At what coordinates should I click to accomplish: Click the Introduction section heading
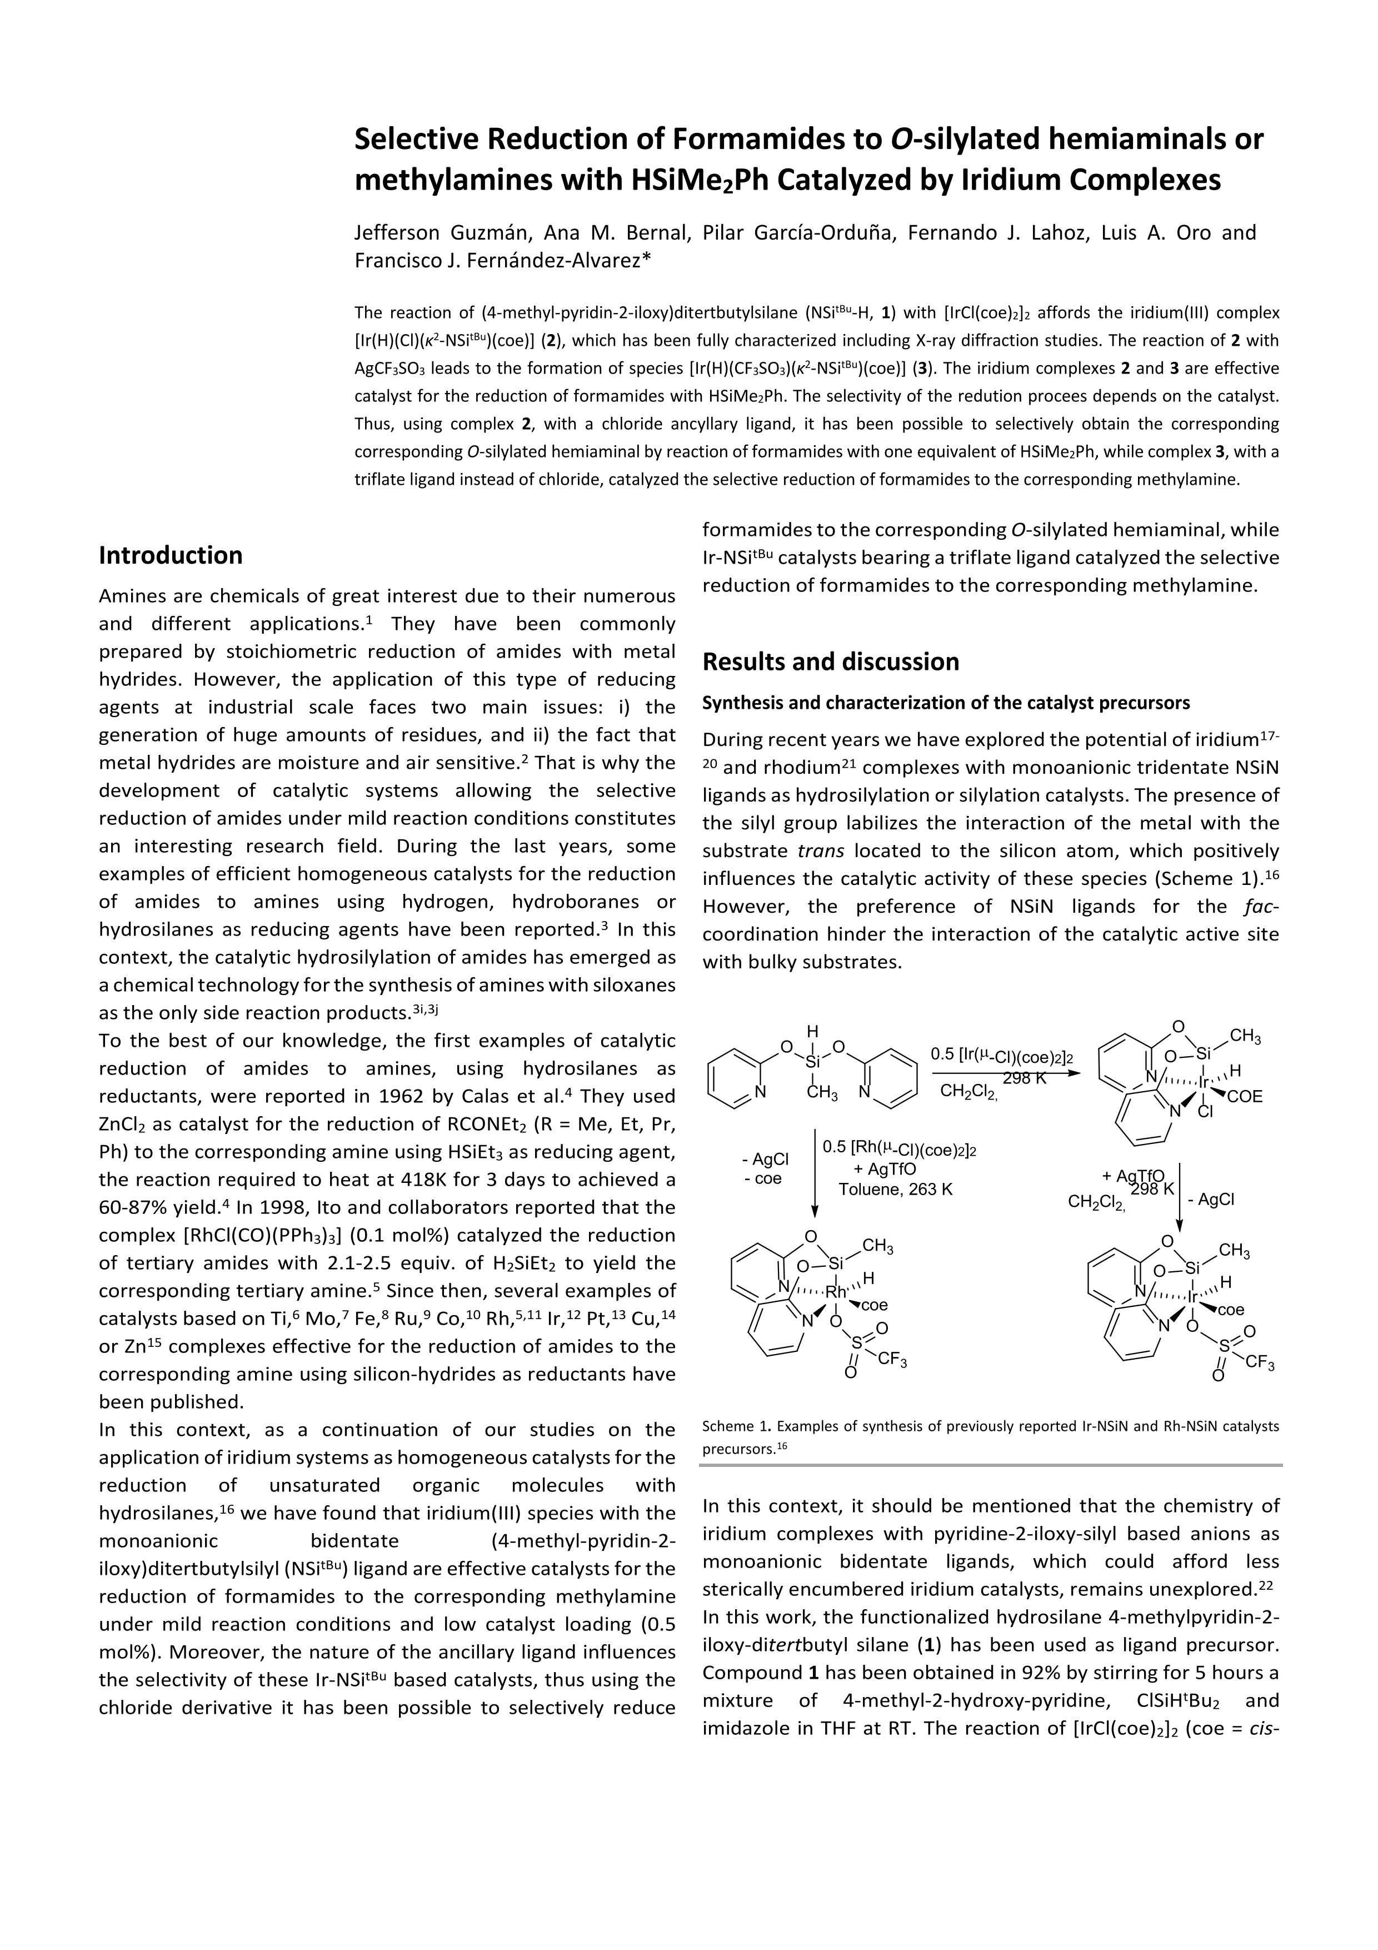pos(171,555)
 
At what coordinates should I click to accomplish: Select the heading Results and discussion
pos(830,661)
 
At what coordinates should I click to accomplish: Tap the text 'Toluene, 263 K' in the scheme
pos(895,1189)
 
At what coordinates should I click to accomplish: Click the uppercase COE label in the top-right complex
pos(1245,1096)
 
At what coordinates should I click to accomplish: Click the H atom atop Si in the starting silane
pos(812,1032)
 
